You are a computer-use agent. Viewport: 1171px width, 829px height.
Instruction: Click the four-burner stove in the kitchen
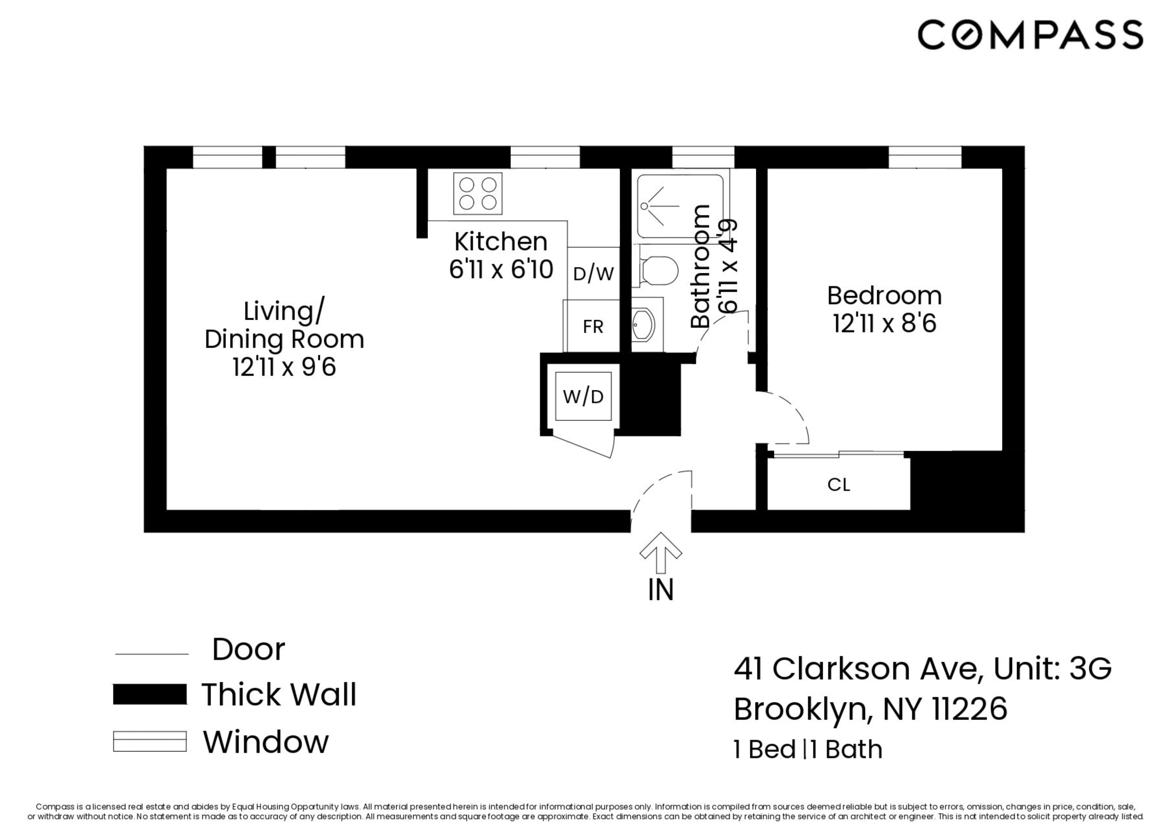(x=477, y=193)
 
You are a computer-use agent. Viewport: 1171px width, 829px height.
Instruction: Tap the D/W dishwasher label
(x=593, y=274)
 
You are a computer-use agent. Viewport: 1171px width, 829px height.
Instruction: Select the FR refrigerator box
(x=592, y=326)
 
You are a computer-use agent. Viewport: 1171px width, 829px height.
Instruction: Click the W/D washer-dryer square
(x=583, y=396)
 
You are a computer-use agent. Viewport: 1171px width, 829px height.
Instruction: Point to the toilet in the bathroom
(x=658, y=271)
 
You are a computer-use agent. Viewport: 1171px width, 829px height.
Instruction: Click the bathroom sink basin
(x=643, y=325)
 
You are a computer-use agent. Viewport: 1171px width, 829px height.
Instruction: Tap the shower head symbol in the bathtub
(x=644, y=206)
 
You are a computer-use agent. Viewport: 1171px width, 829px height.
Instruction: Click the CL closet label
(x=838, y=484)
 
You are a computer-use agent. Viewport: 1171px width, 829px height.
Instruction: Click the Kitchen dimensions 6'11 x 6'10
(x=500, y=269)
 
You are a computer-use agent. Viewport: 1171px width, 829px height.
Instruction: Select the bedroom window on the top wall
(x=925, y=157)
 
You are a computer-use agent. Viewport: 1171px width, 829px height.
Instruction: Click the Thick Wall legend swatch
(x=150, y=695)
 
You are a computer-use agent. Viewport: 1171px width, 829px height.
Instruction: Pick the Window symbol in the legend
(x=150, y=741)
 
